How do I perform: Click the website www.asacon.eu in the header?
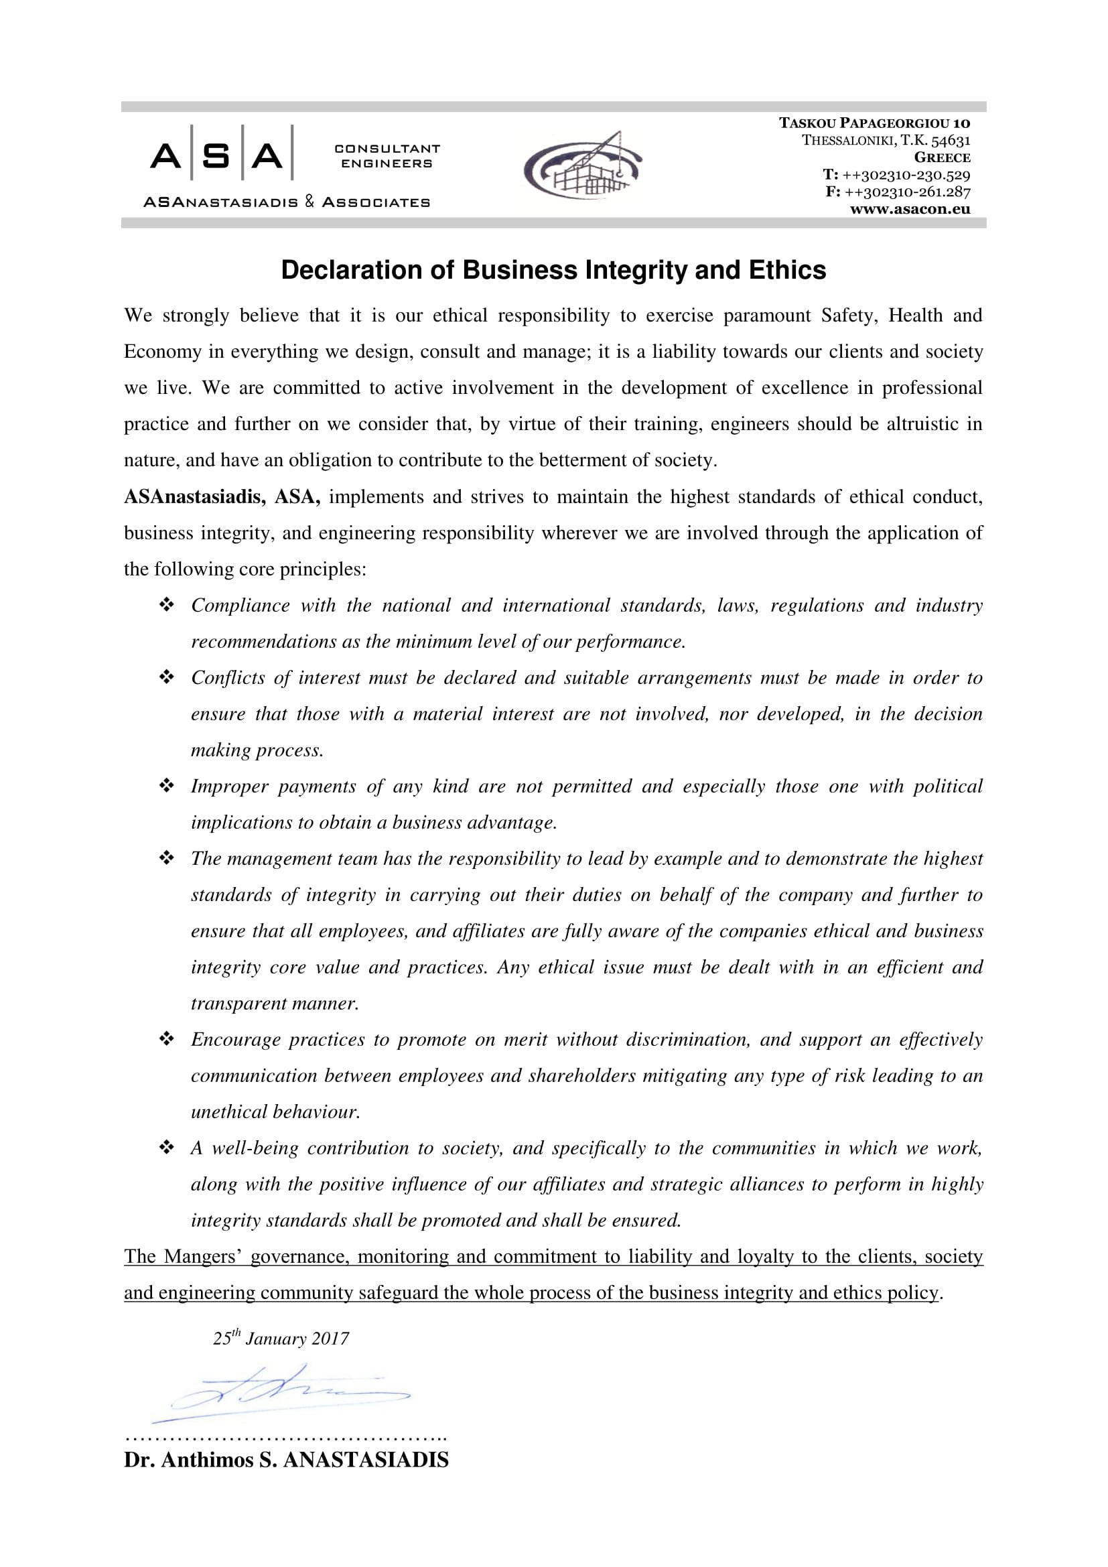click(x=910, y=210)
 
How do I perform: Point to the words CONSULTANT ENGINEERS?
click(x=387, y=155)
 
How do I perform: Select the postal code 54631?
click(x=951, y=141)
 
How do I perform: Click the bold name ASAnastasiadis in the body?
click(x=194, y=497)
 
